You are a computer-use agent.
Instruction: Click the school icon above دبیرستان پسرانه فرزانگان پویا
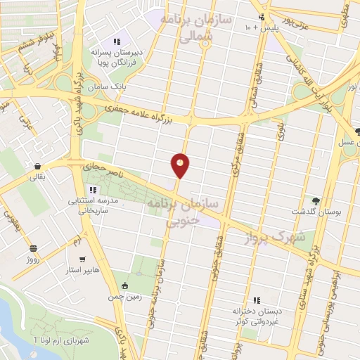117,41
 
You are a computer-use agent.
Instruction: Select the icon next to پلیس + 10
262,18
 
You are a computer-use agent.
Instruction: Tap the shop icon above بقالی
36,166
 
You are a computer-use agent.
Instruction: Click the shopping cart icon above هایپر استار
84,258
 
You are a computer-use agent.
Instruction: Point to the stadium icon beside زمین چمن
125,285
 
